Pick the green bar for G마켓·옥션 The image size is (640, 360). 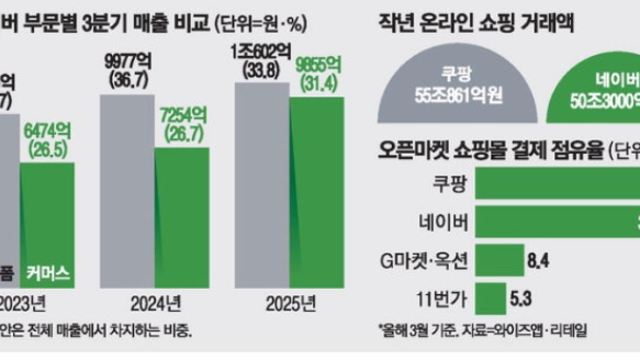(x=498, y=261)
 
